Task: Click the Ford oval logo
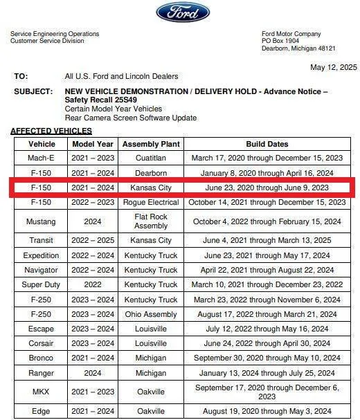(x=183, y=12)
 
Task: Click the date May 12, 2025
(x=334, y=67)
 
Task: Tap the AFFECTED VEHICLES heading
(x=51, y=131)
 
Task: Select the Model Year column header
(x=93, y=145)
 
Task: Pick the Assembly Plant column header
(x=151, y=145)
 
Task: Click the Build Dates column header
(x=267, y=145)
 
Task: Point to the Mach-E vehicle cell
(x=42, y=158)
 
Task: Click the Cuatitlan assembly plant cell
(x=151, y=158)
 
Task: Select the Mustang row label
(x=42, y=221)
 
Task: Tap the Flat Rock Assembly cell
(x=151, y=221)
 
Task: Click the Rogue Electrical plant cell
(x=151, y=203)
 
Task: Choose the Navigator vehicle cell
(x=42, y=270)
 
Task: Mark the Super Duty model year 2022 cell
(x=93, y=284)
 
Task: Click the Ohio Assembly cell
(x=151, y=314)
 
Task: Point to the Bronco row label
(x=42, y=358)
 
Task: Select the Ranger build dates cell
(x=267, y=372)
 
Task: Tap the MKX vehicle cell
(x=42, y=392)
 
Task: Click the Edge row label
(x=42, y=412)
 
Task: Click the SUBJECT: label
(x=33, y=91)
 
